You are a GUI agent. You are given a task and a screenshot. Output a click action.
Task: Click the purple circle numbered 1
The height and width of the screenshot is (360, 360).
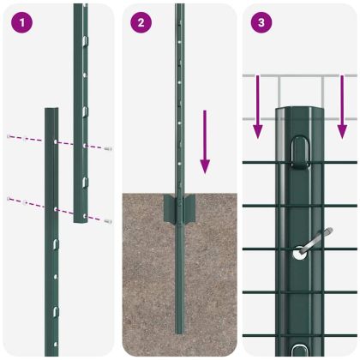(20, 22)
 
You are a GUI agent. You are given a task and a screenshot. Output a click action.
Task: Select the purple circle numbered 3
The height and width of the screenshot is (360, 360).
(261, 22)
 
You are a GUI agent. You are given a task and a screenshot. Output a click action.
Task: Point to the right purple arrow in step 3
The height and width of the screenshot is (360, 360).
(342, 107)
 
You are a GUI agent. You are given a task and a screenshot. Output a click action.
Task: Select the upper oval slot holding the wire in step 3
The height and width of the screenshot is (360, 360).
(300, 153)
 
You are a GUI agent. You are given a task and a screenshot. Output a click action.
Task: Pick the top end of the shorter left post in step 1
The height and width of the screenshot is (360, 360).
(51, 111)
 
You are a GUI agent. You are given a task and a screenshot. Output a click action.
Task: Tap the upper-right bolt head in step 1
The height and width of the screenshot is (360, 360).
(108, 149)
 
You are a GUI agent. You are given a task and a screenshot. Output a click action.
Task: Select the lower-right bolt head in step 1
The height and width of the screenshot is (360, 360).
(108, 221)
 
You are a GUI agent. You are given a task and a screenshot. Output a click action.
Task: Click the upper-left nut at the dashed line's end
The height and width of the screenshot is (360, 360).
(9, 135)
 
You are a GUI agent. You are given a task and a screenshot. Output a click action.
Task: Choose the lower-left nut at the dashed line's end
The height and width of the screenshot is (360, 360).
(9, 199)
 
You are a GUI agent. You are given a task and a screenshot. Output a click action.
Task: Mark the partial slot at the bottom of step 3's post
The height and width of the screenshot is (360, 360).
(299, 350)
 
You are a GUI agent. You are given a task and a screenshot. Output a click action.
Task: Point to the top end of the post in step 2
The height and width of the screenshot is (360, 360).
(179, 7)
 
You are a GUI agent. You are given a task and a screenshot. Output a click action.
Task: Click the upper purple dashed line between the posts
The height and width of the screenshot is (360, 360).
(57, 141)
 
